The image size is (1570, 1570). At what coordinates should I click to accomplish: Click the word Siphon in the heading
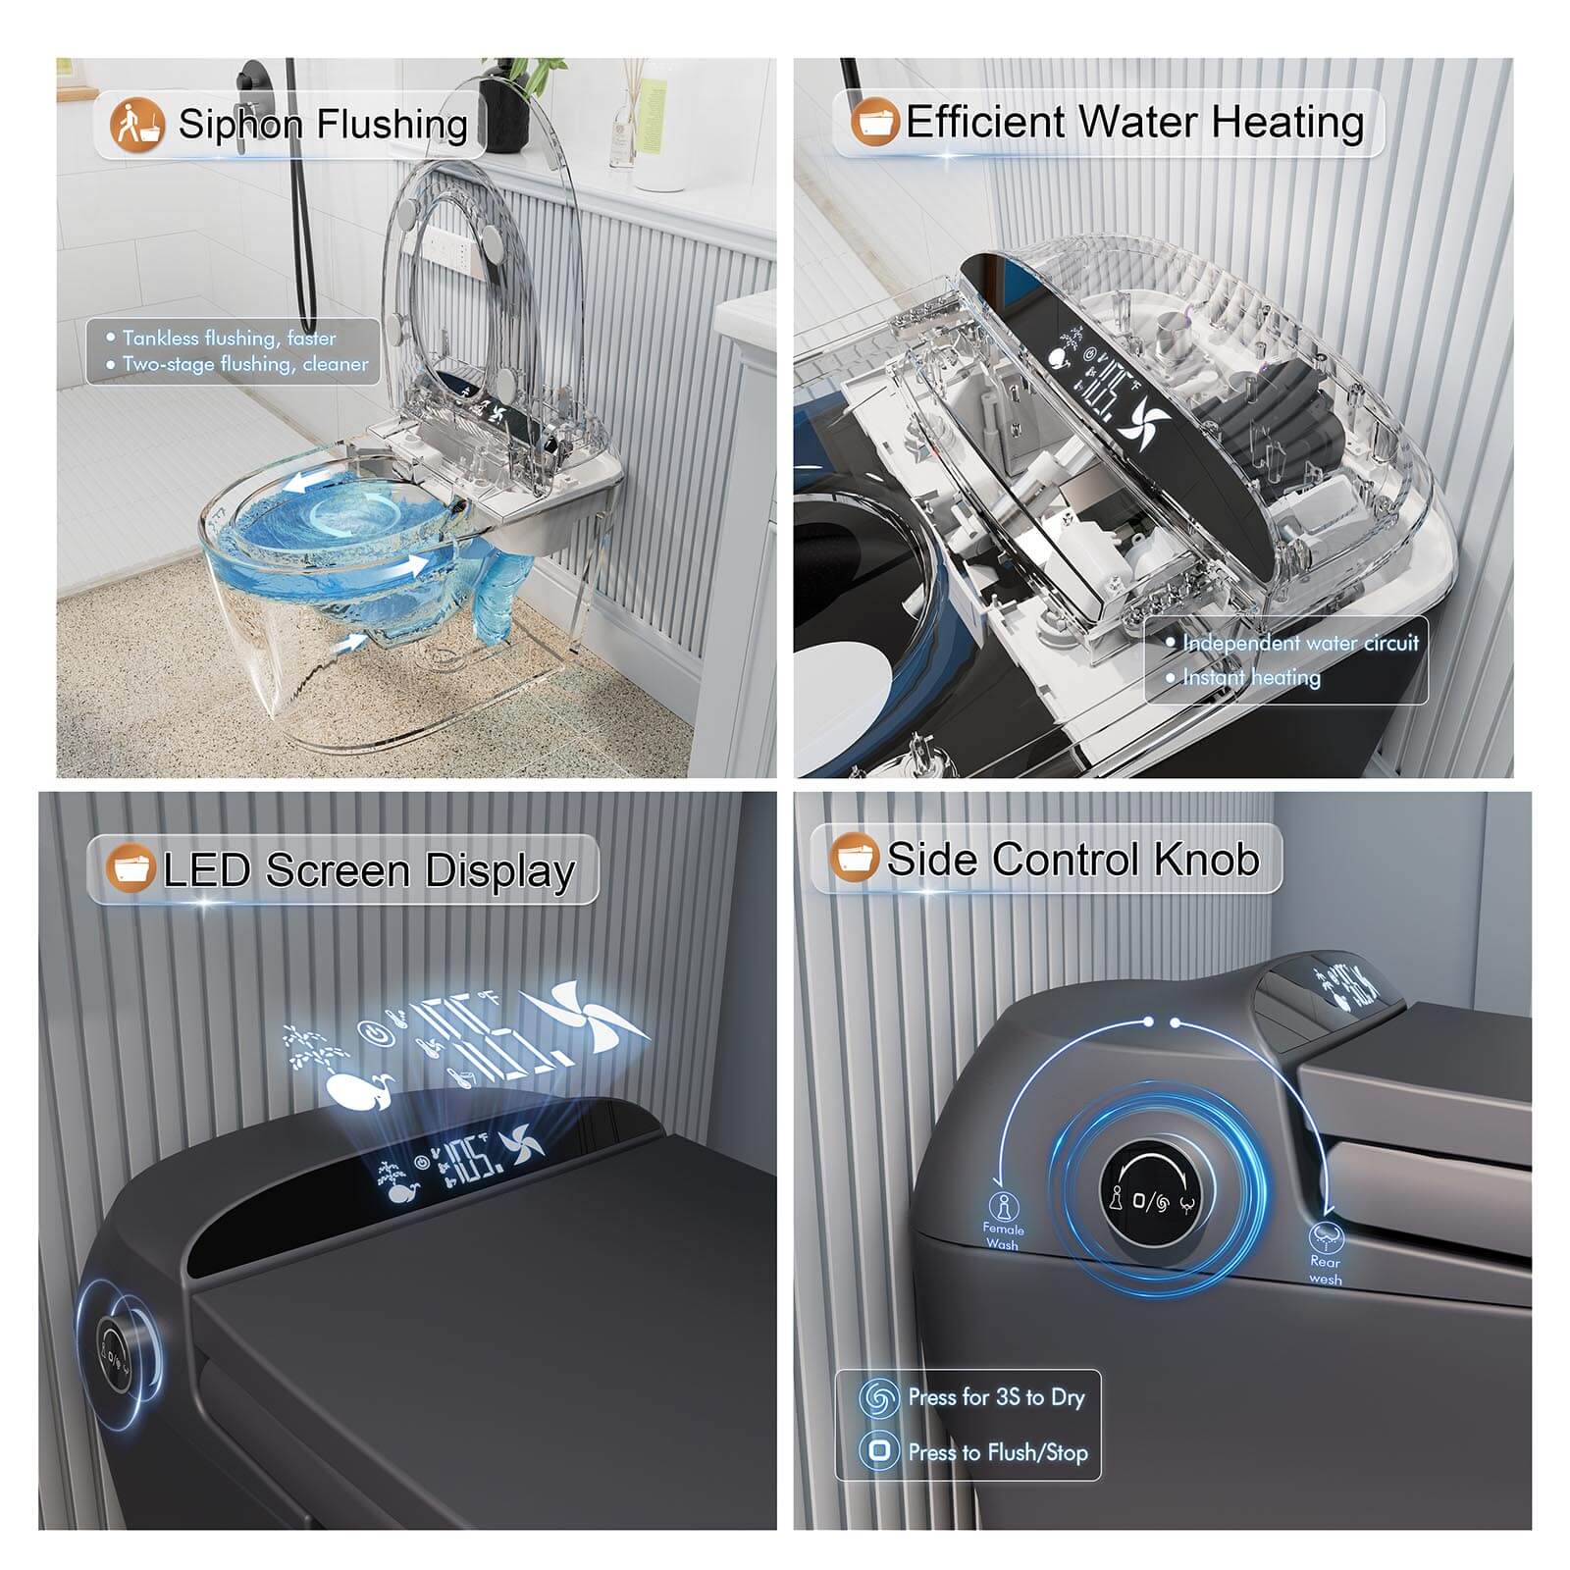239,126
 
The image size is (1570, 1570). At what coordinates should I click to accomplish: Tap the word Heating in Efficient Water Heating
1287,123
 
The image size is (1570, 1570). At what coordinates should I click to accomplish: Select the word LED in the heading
206,870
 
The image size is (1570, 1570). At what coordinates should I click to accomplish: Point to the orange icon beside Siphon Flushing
136,125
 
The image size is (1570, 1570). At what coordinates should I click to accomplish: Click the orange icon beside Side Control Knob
853,859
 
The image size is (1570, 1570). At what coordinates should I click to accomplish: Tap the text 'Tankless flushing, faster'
229,339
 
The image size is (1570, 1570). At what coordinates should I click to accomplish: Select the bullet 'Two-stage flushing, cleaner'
245,364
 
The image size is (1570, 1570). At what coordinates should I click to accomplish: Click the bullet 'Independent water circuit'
1300,644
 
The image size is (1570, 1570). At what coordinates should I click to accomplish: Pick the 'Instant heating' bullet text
1251,677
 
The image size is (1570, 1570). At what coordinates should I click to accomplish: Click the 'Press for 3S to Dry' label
996,1397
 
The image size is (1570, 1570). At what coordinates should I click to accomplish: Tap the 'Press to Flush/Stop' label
998,1452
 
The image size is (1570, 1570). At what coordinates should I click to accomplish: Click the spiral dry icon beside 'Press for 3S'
878,1397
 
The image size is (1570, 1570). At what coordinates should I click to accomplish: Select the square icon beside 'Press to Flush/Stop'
879,1451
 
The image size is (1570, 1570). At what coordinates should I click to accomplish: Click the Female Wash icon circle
1003,1204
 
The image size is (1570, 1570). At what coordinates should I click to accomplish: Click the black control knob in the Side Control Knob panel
1147,1196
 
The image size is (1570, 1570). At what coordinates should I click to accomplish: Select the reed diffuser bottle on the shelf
625,123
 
